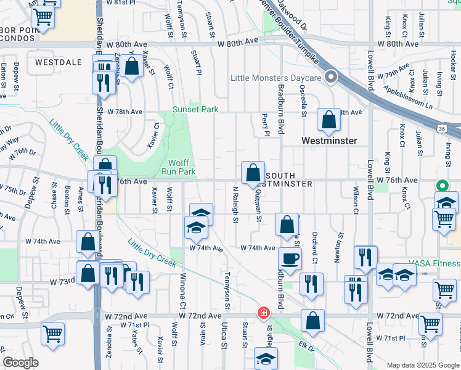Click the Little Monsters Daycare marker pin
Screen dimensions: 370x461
(332, 78)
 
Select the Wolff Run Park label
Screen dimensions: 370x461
(179, 166)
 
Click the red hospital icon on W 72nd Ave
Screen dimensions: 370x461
(264, 313)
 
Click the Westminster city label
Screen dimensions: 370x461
(329, 141)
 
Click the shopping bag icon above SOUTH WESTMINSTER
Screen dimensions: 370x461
(253, 174)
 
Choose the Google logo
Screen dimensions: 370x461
(21, 363)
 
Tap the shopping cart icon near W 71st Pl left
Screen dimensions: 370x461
(53, 334)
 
